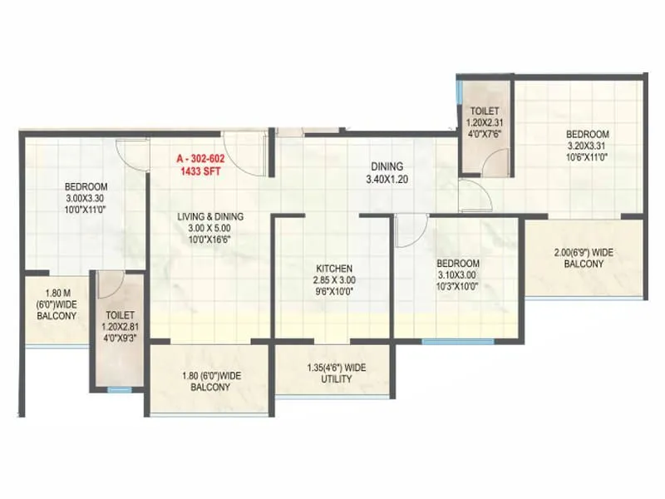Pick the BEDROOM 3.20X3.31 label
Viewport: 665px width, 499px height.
(588, 145)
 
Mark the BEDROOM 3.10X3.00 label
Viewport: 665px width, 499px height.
(458, 274)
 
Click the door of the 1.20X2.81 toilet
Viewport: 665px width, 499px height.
(110, 285)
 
